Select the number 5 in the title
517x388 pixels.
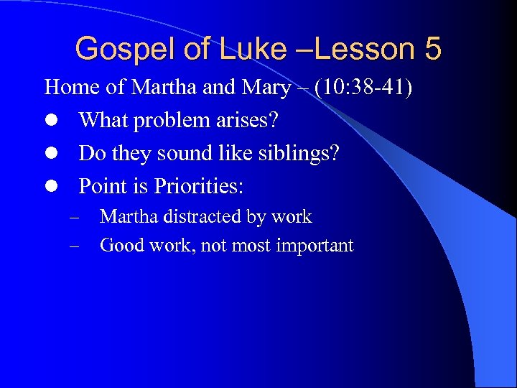tap(432, 49)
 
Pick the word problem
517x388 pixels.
tap(174, 121)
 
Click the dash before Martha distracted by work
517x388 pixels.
tap(74, 217)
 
